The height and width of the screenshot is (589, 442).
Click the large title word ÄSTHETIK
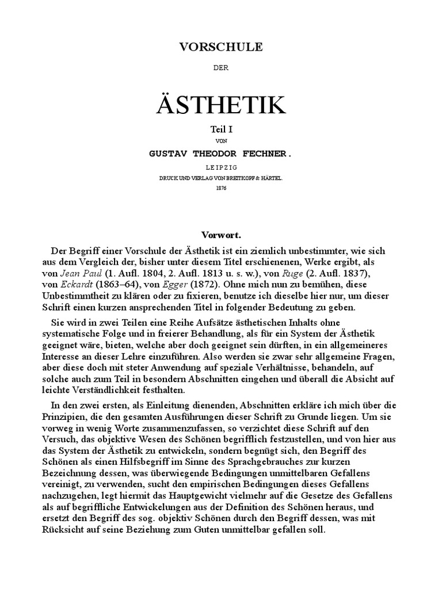[221, 105]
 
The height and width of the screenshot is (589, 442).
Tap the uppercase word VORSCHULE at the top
[221, 47]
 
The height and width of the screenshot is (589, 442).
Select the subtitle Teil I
[221, 131]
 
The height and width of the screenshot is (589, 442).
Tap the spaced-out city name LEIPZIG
[221, 167]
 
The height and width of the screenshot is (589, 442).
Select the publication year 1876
[221, 188]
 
